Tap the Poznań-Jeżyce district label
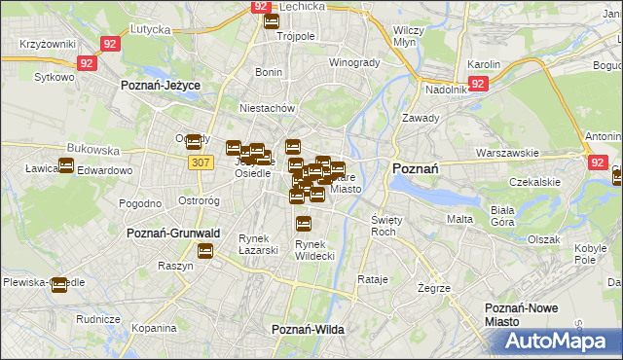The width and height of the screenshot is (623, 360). coord(160,86)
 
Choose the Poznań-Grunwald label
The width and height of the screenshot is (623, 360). coord(174,234)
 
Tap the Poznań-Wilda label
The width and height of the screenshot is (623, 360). coord(308,330)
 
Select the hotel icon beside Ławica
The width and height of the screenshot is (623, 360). coord(65,165)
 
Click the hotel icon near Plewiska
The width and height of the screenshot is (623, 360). coord(58,286)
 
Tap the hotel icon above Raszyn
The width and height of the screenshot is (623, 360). coord(204,251)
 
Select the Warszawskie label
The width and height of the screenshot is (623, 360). coord(507,153)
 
